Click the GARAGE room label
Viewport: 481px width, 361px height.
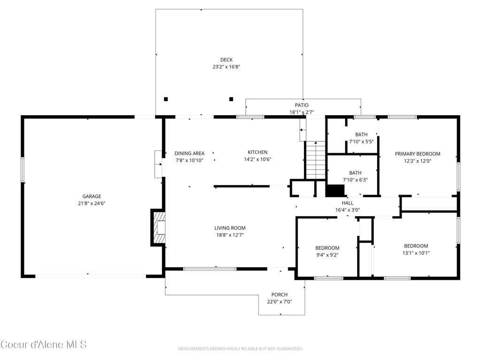pos(92,196)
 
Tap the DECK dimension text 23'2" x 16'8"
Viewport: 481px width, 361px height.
pos(226,67)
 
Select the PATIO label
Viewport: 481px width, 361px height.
pos(302,105)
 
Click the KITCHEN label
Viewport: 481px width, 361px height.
pos(258,152)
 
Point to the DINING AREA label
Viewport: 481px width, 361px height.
pos(189,153)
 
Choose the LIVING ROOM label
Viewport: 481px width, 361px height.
pos(230,228)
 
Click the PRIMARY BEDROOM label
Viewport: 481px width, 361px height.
pos(418,154)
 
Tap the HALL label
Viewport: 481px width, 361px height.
pos(348,203)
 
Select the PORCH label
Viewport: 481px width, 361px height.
pos(279,295)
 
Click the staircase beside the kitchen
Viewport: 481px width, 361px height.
pos(315,160)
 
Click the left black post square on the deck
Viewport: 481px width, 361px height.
pos(166,99)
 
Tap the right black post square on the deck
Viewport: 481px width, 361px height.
pos(231,99)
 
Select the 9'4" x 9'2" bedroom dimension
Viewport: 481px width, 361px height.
pos(327,255)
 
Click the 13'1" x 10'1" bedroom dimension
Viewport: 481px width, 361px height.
pos(416,253)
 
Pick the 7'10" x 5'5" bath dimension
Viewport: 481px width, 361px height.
pos(361,141)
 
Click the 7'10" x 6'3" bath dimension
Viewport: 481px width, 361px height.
pos(355,180)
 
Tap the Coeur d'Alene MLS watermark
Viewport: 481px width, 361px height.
pos(44,345)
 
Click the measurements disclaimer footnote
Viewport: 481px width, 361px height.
pos(240,349)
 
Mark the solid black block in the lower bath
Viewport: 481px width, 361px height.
pos(335,190)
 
